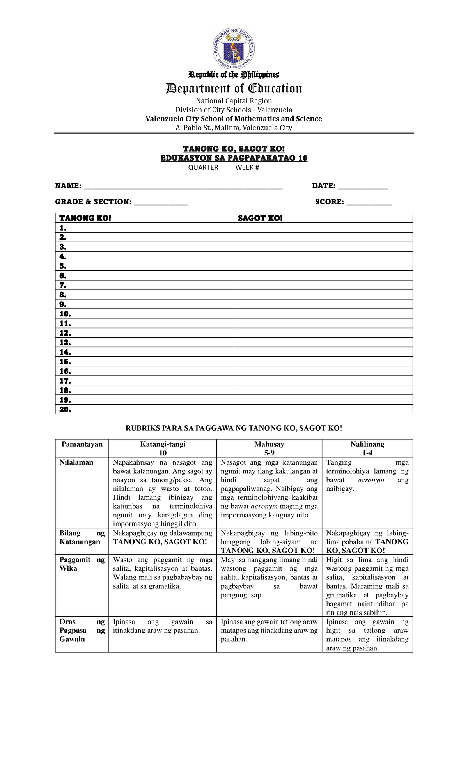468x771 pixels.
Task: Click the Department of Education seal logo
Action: [x=234, y=48]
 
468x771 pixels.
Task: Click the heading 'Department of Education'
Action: [x=234, y=89]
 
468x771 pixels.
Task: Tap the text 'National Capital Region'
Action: [x=234, y=101]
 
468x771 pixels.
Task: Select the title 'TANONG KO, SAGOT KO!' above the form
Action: [x=234, y=149]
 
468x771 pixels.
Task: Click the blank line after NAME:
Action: [x=183, y=187]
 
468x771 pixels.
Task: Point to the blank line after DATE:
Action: [x=363, y=187]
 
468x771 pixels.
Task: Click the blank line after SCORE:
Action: [x=369, y=203]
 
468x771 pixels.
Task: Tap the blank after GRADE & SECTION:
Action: [x=161, y=203]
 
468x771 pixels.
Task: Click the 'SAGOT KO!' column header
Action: [x=260, y=218]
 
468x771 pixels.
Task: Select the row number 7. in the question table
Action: [x=63, y=285]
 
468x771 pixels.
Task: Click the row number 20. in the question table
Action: [x=65, y=409]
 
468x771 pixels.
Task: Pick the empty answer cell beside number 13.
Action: [x=323, y=343]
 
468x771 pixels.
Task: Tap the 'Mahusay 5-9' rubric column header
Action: [x=269, y=448]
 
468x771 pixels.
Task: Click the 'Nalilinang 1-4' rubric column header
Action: [x=367, y=448]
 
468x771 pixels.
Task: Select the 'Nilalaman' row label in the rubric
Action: [x=76, y=462]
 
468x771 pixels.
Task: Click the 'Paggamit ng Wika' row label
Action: [x=82, y=564]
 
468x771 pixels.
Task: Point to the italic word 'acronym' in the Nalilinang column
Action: [x=371, y=480]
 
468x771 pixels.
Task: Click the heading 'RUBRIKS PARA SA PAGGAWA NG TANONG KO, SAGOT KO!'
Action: [x=234, y=428]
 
